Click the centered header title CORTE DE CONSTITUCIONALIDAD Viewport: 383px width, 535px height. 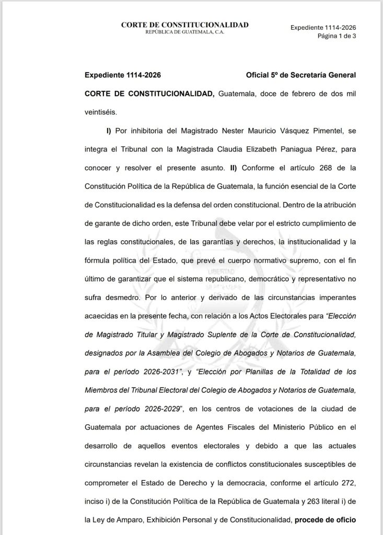pyautogui.click(x=184, y=25)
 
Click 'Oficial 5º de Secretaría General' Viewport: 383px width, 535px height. pyautogui.click(x=300, y=75)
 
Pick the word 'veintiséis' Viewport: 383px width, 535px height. pyautogui.click(x=101, y=111)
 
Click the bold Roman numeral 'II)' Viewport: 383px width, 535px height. pyautogui.click(x=232, y=168)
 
